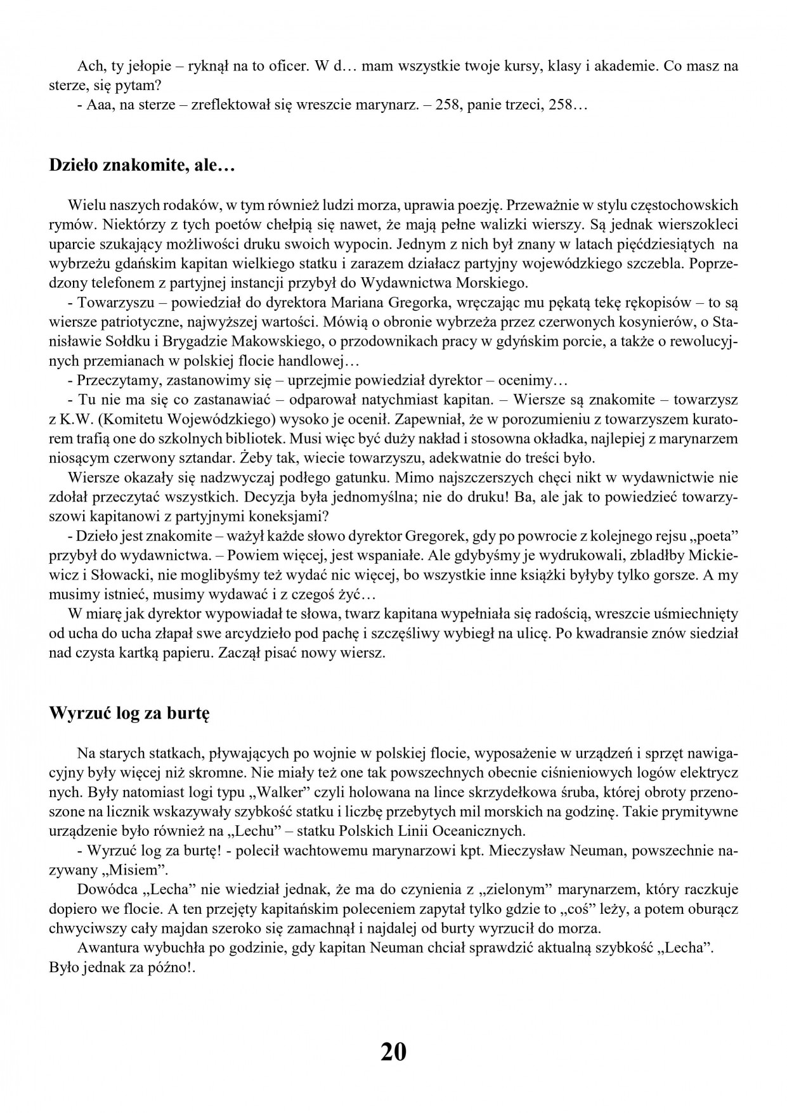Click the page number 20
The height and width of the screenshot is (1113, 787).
393,1051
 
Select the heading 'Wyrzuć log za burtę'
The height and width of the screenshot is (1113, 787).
129,713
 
